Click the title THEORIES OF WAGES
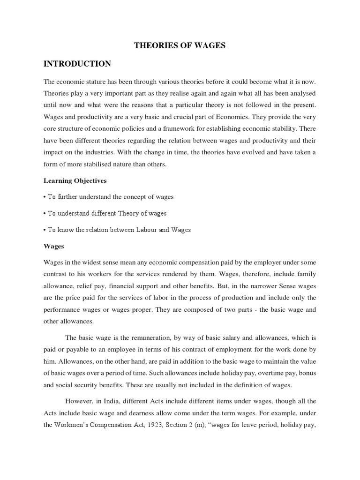click(x=180, y=45)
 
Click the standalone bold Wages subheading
click(x=53, y=246)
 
